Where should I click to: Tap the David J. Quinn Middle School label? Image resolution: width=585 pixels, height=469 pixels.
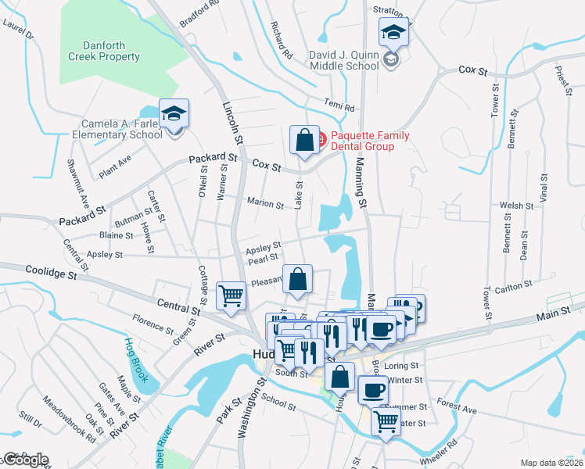(343, 61)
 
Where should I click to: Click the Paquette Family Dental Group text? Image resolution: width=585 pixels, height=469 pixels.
(370, 141)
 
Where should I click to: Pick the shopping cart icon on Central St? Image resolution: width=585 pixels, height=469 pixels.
(231, 295)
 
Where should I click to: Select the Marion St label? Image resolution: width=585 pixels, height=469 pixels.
(265, 204)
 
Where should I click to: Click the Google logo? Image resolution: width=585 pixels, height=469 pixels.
(26, 460)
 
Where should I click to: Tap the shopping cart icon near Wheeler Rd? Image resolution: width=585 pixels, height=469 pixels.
(386, 421)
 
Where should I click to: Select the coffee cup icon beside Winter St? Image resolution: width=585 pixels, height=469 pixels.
(373, 388)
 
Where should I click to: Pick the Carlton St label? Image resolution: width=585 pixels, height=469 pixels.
(513, 284)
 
